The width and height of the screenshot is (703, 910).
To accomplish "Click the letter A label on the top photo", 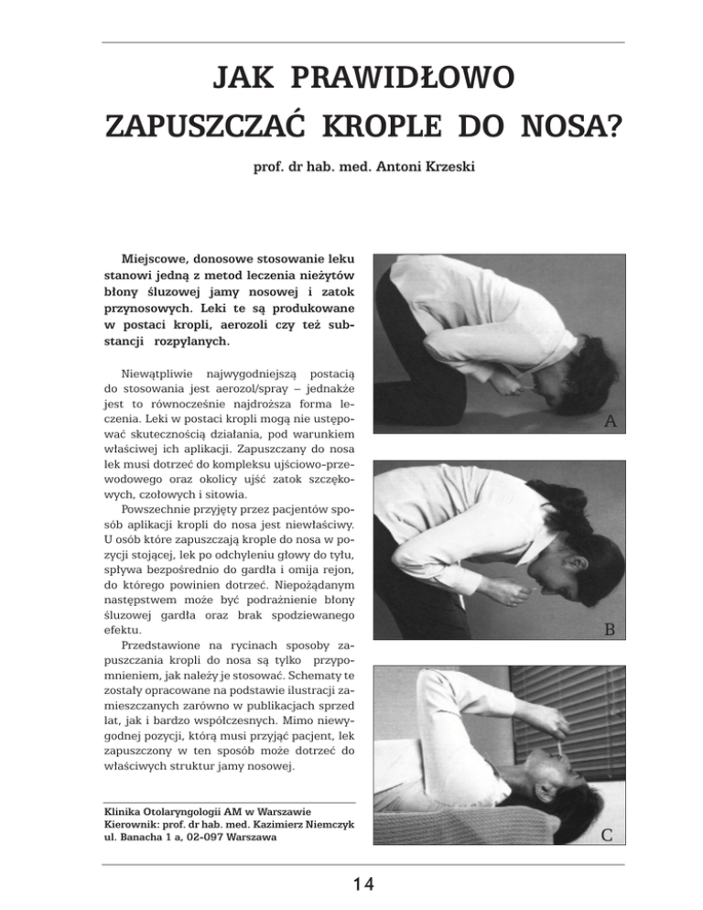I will (582, 421).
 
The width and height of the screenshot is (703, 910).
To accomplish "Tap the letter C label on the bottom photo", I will (582, 835).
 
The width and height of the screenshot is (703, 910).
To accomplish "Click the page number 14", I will (351, 883).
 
